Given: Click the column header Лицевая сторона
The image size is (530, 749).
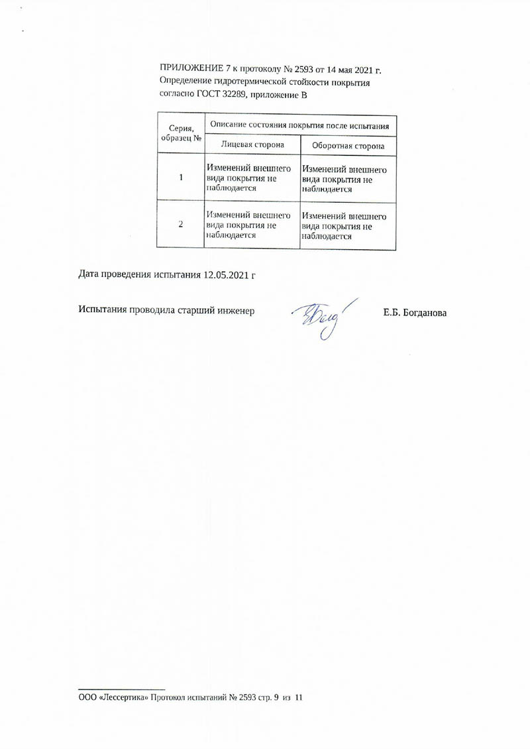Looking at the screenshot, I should click(252, 144).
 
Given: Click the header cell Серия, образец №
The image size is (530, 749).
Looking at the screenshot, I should click(181, 133).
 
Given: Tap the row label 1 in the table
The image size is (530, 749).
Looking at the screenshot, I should click(181, 178).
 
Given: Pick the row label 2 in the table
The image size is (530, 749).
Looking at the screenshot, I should click(181, 225).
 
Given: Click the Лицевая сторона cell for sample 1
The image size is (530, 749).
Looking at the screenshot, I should click(249, 178).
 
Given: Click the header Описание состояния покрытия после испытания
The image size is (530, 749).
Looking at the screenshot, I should click(299, 125).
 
